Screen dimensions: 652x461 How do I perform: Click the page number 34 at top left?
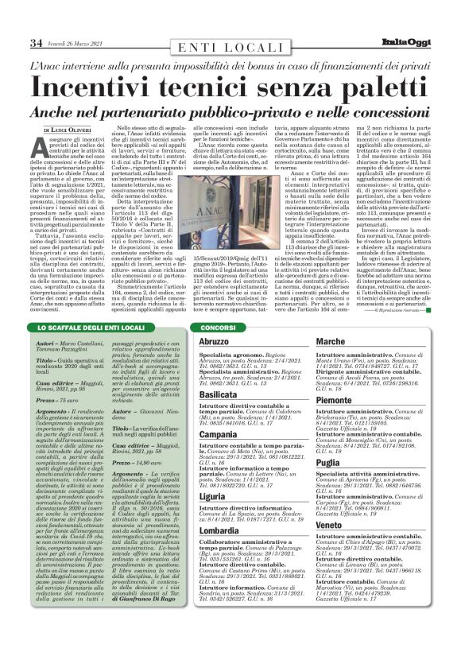point(36,43)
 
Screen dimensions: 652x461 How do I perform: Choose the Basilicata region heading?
point(218,394)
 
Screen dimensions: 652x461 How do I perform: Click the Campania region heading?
point(219,435)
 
